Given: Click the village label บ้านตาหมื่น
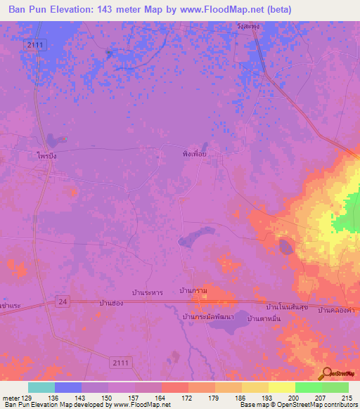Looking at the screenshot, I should click(264, 319).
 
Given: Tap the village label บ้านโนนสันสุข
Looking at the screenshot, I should click(288, 307).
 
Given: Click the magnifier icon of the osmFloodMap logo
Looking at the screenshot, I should click(326, 373).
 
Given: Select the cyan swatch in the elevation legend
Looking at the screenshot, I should click(41, 387).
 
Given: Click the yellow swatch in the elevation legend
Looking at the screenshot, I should click(281, 387).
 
